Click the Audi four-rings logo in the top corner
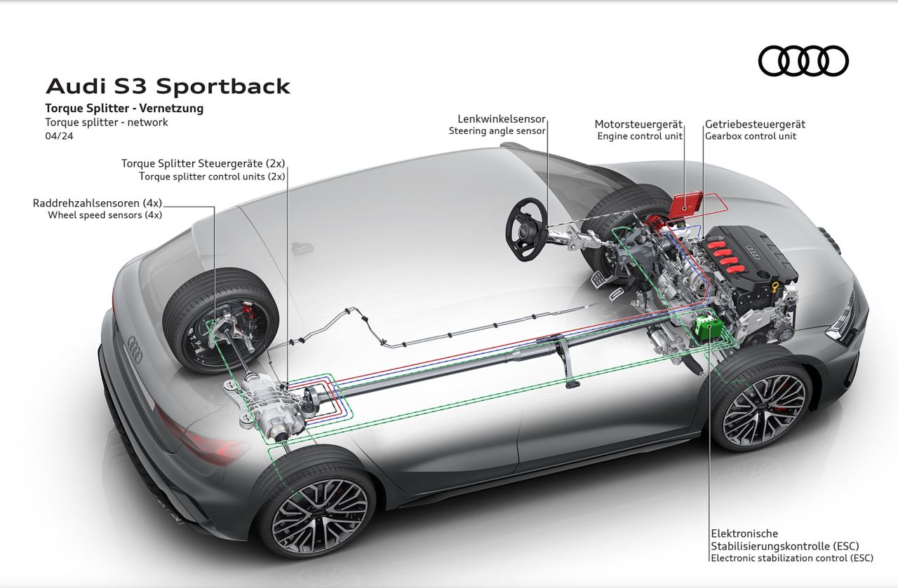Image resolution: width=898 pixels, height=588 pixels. pos(803,60)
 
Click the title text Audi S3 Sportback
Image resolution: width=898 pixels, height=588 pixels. pos(168,86)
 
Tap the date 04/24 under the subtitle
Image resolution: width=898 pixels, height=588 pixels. pos(59,136)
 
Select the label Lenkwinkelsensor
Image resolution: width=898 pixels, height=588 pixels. pos(501,119)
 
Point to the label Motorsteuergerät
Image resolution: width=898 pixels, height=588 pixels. pos(638,124)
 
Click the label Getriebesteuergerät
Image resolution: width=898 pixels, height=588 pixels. pos(755,124)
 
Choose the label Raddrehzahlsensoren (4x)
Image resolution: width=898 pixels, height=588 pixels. pos(98,203)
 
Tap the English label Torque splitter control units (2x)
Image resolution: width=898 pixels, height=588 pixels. pos(212,177)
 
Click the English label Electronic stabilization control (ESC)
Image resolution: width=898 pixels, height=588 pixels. pos(791,559)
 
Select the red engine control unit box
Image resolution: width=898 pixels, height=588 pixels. pos(686,204)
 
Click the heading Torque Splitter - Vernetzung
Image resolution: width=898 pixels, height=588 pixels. pos(124,108)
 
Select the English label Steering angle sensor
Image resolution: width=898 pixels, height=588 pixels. pos(497,131)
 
